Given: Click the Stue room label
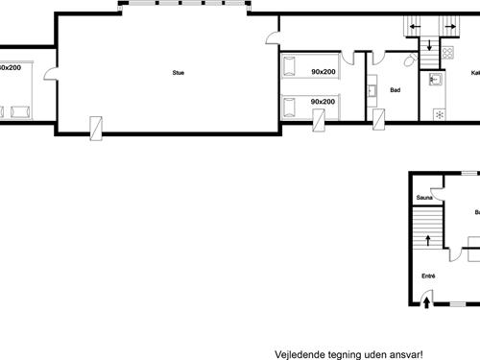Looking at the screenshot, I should coord(178,72).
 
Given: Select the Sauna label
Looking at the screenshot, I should coord(422,199).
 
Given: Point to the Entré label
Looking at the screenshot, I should coord(428,276).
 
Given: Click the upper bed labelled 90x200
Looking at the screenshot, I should coord(309,70).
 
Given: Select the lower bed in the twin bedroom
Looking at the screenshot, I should coord(309,103).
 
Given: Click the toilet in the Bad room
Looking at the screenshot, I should coord(411,60).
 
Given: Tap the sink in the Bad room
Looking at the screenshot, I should coord(372,93).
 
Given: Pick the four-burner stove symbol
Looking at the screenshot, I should coord(446,49).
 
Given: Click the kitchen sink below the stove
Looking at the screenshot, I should coord(435,80).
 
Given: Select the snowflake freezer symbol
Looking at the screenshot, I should coord(440,114).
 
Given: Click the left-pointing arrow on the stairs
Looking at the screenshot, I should coord(416,26).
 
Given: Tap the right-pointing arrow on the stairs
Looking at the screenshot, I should coord(449,26).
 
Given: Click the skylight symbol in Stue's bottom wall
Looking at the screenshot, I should coord(96,126).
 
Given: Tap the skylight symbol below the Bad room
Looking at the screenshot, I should coord(379,120).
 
